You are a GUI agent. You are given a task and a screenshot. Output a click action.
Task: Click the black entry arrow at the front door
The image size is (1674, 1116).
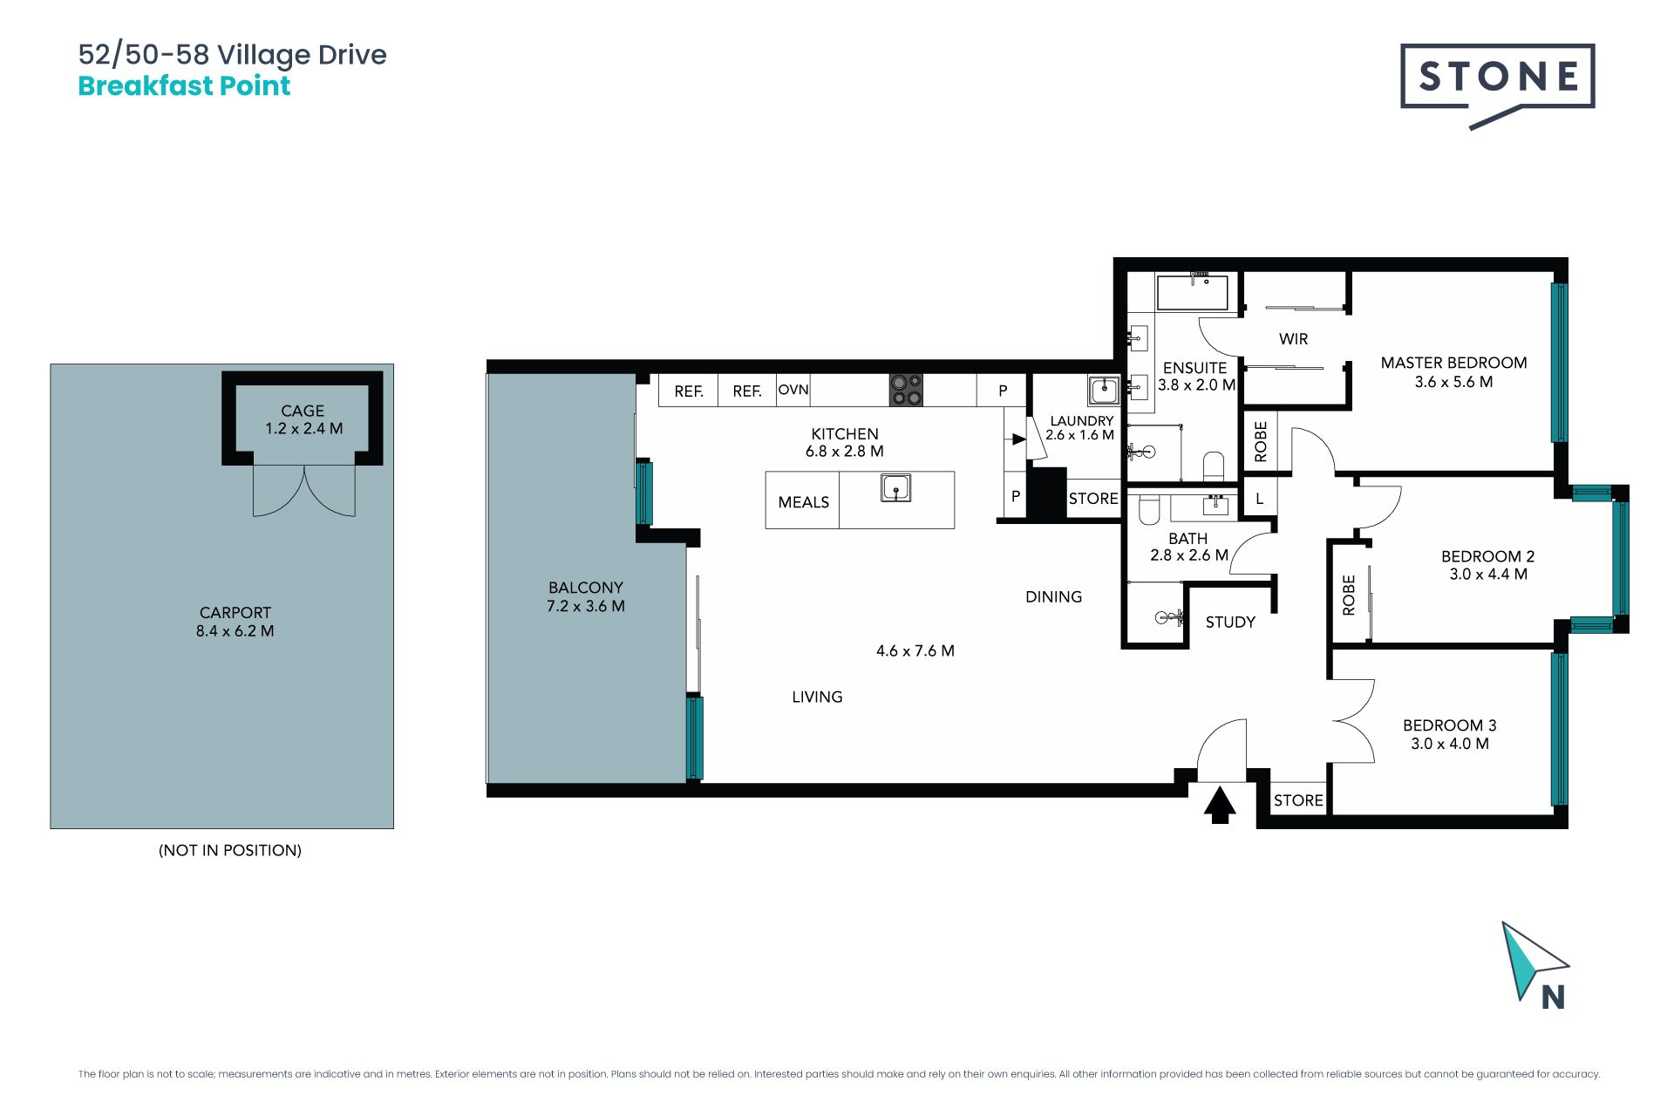coord(1220,805)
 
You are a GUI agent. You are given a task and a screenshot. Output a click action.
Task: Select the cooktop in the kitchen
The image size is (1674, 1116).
coord(906,390)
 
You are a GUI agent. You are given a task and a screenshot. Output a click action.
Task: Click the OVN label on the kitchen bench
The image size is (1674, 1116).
coord(793,390)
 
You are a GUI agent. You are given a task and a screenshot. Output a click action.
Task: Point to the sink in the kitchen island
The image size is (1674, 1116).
coord(895,487)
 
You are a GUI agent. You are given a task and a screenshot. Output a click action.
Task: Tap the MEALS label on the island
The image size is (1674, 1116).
coord(803,502)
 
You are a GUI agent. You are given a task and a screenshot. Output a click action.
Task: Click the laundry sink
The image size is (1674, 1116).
coord(1104,390)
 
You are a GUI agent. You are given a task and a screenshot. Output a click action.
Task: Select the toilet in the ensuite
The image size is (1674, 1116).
coord(1214,466)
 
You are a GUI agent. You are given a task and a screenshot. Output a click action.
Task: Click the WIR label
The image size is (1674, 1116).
coord(1293,339)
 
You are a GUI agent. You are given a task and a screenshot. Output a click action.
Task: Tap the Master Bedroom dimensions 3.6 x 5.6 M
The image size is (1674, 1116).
coord(1453,382)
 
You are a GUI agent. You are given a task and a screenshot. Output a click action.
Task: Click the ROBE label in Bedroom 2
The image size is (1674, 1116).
coord(1349,595)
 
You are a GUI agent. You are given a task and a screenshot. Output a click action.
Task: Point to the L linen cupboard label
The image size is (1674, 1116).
coord(1259,500)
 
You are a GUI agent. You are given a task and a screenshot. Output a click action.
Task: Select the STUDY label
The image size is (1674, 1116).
coord(1230,623)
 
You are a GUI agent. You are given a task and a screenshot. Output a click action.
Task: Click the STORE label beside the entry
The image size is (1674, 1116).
coord(1298,800)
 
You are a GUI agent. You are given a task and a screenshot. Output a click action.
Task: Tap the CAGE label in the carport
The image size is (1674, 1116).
coord(303,411)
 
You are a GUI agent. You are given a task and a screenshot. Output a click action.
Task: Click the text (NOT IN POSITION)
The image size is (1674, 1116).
coord(230,850)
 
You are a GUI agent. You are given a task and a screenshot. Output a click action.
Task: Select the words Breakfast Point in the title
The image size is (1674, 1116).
coord(184,85)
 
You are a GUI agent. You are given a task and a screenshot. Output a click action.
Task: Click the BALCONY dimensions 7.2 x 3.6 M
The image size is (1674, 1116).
coord(586,606)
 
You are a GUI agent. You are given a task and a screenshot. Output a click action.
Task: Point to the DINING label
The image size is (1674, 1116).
coord(1053,597)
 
